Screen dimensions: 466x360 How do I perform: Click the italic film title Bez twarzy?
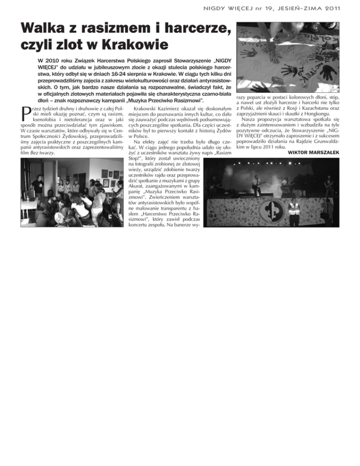coord(41,152)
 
